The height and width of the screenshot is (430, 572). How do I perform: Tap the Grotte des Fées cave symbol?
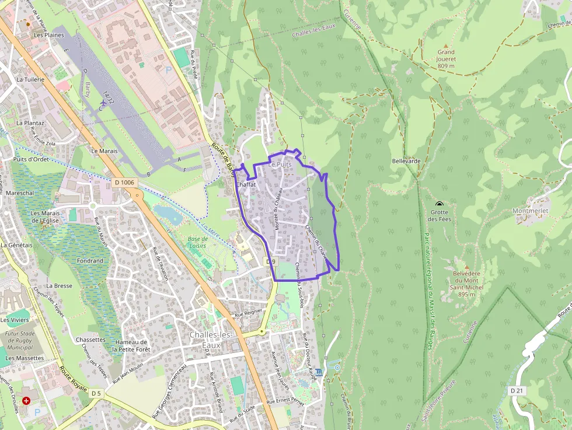coord(439,204)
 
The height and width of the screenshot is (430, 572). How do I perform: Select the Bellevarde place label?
coord(406,160)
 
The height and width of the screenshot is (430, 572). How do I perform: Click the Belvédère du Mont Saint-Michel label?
coord(466,284)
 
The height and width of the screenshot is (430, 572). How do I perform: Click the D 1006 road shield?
coord(124,183)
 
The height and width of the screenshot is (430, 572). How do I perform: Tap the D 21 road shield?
coord(516,390)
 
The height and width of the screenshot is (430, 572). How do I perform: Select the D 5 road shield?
coord(96,394)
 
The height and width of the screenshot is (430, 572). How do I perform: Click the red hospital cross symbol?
coord(26,401)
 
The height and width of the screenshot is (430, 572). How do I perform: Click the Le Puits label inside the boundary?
coord(280,165)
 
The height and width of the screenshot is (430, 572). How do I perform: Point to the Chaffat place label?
coord(246,184)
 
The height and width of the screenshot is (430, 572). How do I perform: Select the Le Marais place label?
coord(104,151)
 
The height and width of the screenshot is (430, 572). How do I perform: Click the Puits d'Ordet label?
coord(32,159)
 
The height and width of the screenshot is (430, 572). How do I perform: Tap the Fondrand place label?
coord(90,261)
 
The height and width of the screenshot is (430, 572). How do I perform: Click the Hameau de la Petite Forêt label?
coord(131,345)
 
